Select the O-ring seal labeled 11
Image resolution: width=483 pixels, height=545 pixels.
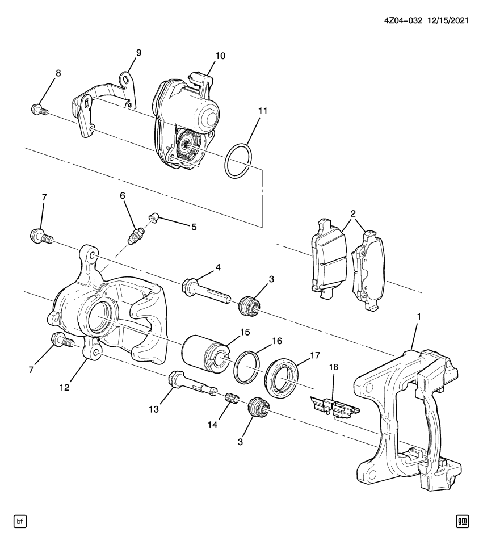pyautogui.click(x=238, y=161)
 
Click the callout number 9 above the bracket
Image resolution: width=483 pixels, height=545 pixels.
pyautogui.click(x=138, y=53)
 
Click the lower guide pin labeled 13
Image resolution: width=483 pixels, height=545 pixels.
pyautogui.click(x=190, y=381)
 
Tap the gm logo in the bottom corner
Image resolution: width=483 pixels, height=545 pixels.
pyautogui.click(x=463, y=520)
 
